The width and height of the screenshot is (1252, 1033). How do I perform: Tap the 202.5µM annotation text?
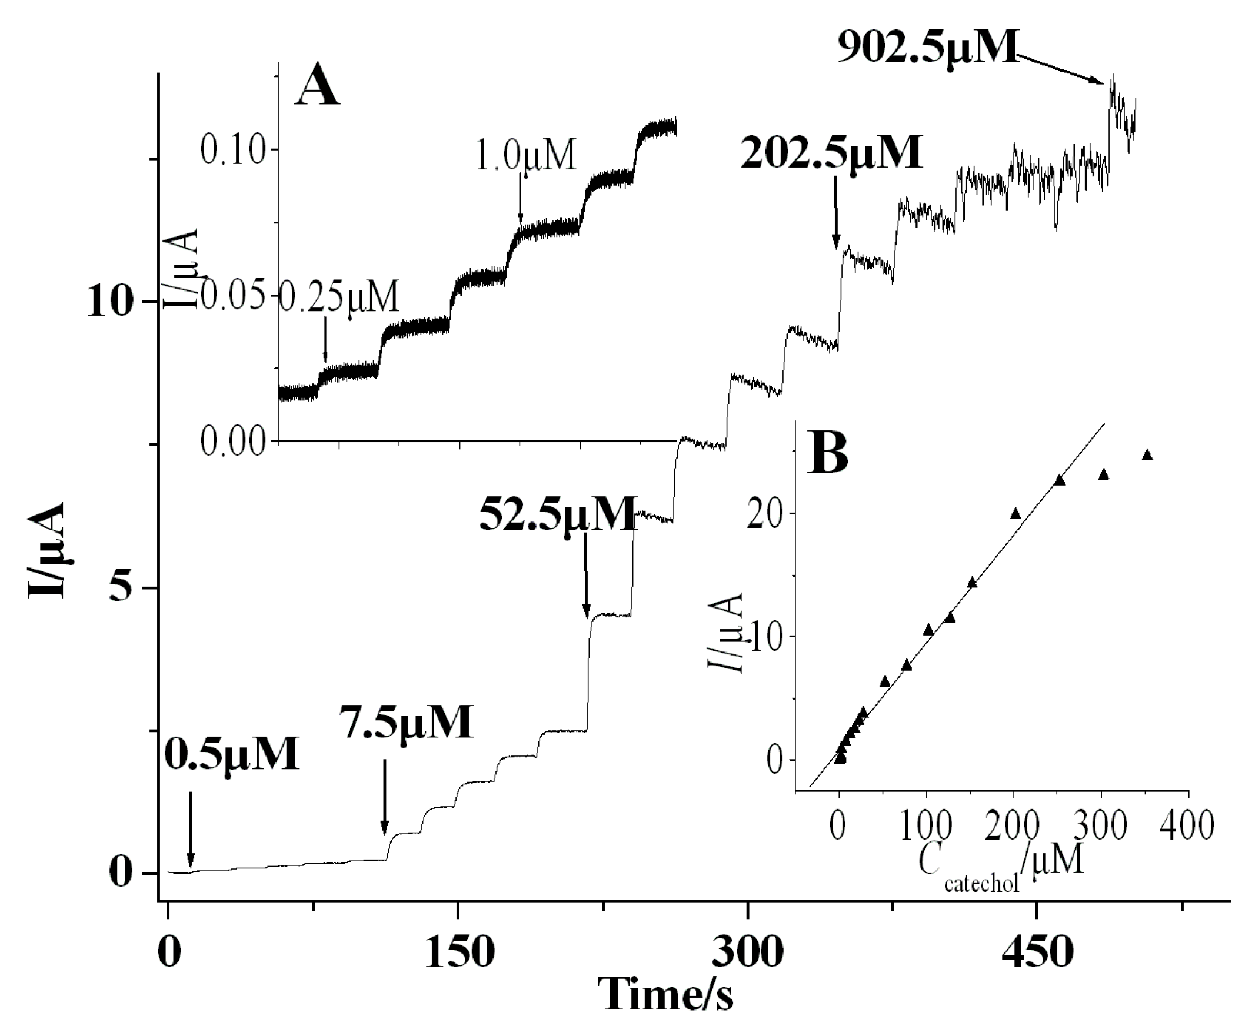click(832, 153)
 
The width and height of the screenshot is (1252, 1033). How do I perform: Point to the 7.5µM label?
click(407, 722)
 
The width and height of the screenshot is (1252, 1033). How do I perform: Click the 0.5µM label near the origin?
click(231, 754)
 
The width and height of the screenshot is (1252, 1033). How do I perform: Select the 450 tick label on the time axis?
click(1037, 952)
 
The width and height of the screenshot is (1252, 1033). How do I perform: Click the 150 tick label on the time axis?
click(458, 952)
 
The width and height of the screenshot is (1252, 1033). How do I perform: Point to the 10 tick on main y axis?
click(108, 302)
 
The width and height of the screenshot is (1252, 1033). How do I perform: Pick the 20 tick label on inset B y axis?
click(767, 513)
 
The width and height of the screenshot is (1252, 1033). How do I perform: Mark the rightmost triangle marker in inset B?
click(1147, 455)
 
